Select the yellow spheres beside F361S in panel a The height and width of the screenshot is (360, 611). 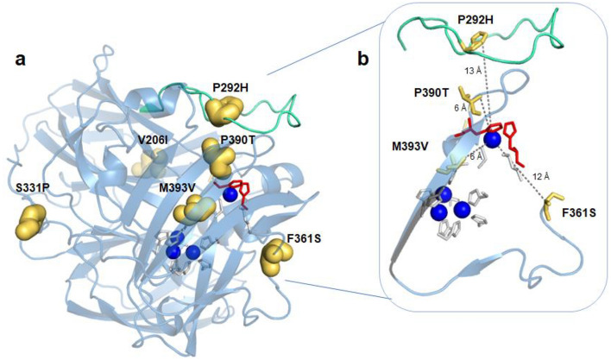[277, 252]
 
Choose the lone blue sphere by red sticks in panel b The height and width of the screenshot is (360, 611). [492, 139]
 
